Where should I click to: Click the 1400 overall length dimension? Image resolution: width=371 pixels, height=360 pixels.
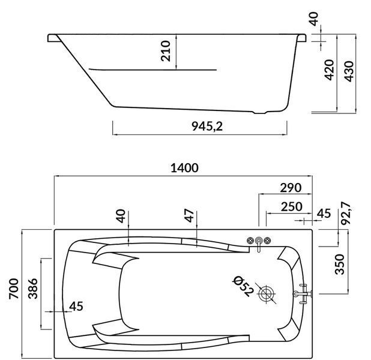(184, 168)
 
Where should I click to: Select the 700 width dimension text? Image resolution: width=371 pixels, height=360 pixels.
(14, 289)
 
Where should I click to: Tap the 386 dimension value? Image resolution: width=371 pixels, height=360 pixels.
(33, 289)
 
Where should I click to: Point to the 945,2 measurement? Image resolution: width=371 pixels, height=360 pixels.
(207, 127)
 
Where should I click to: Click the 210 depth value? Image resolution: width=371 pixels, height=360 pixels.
(165, 51)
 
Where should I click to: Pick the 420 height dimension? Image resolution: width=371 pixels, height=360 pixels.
(329, 70)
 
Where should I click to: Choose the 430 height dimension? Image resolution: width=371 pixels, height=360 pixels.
(349, 71)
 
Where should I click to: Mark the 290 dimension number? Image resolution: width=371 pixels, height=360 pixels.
(291, 188)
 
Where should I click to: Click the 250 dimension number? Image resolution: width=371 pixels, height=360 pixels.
(292, 207)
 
